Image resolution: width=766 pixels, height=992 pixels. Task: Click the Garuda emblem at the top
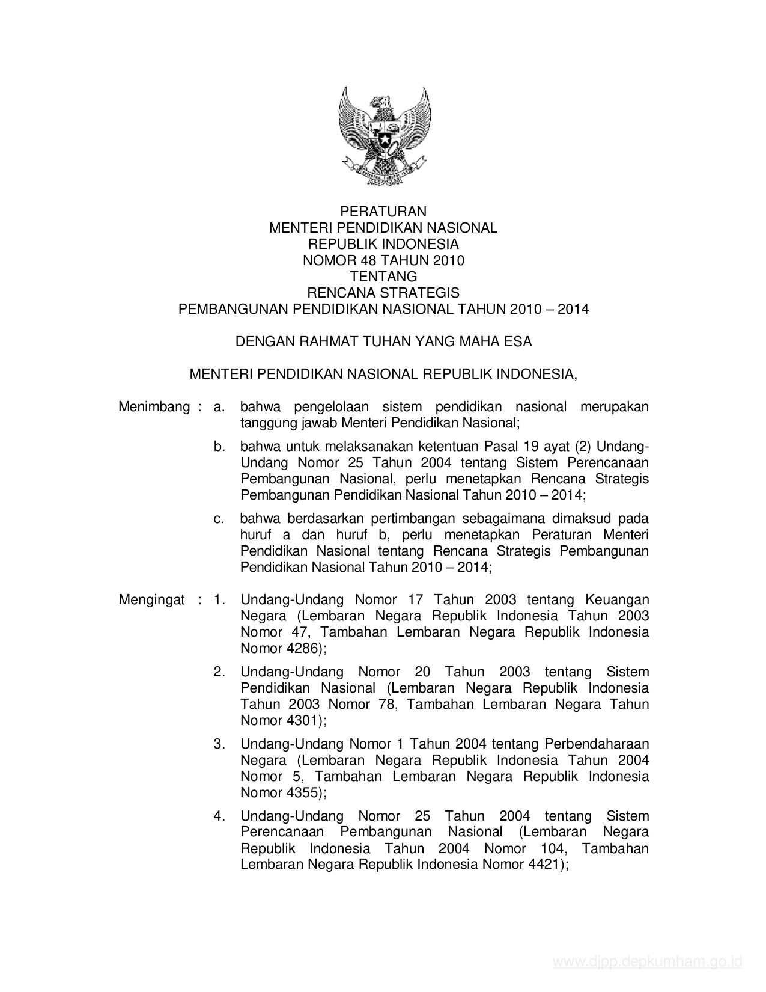383,136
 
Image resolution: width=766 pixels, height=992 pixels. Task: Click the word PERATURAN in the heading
383,212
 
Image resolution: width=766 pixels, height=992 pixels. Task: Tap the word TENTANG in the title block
383,277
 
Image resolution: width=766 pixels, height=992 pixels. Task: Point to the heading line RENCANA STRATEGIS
383,293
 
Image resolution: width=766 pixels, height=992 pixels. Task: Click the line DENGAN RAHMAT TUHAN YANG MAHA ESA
383,342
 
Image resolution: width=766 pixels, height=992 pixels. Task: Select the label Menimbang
154,407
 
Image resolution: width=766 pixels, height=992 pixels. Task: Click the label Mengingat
151,600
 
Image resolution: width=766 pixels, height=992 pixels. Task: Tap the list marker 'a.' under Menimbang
219,407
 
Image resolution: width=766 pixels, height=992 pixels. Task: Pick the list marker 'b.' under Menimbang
219,447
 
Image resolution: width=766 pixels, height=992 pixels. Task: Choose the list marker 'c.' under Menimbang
219,519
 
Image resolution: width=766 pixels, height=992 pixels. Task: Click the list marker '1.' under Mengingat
219,600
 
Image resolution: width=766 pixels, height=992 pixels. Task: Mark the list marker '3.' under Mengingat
219,744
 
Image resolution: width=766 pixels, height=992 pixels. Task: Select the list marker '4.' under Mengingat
219,816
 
